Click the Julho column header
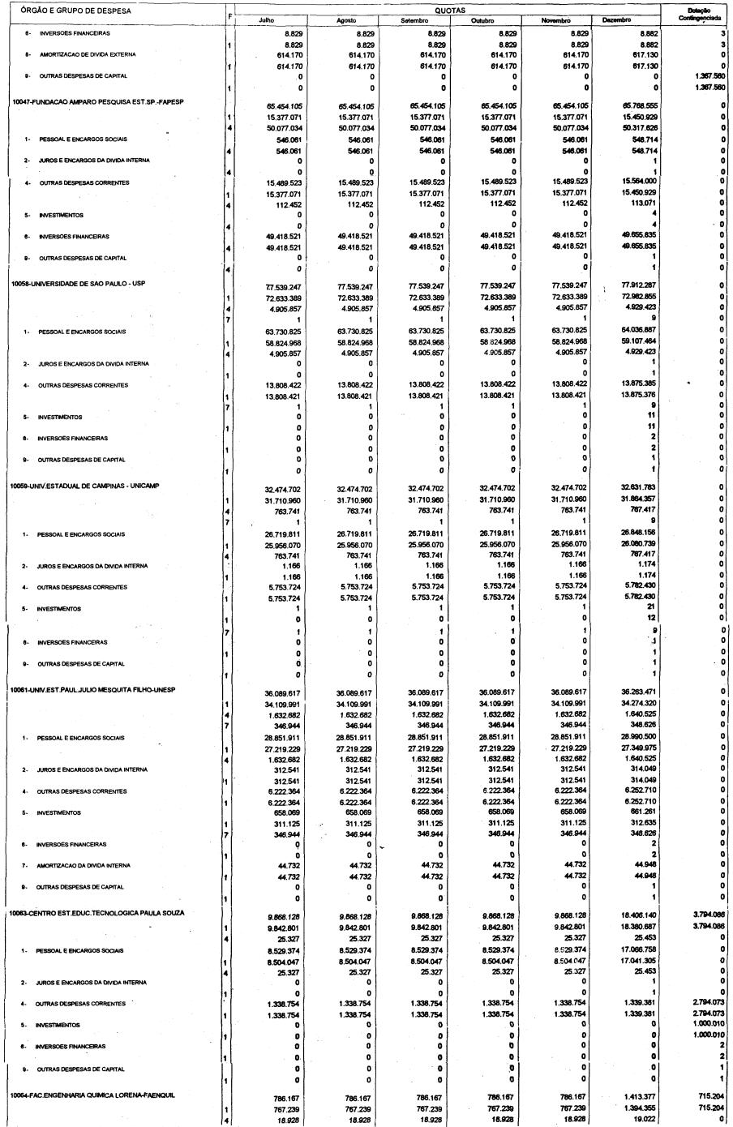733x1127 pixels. click(x=266, y=19)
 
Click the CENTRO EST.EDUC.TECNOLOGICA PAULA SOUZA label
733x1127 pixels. click(x=97, y=913)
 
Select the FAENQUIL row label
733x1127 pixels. click(x=93, y=1095)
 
